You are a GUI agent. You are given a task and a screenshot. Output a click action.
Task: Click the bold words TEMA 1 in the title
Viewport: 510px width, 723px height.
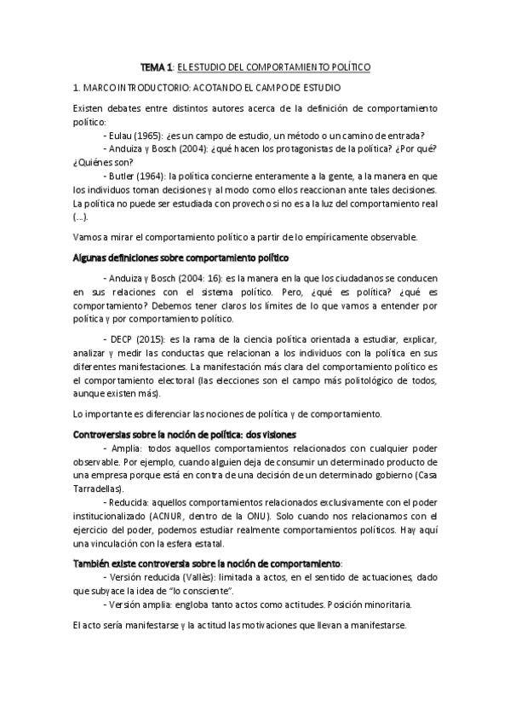click(156, 67)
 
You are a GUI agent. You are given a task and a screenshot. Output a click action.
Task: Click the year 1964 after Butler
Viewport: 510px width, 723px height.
click(154, 176)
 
